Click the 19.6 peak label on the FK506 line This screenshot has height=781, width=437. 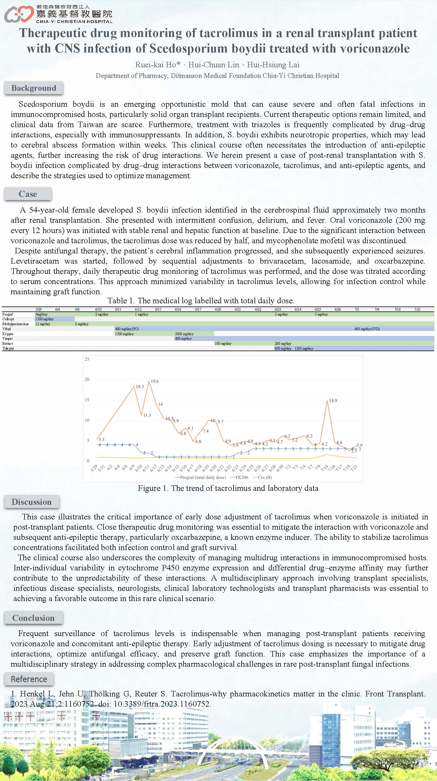point(155,381)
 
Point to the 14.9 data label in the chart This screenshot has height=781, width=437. point(333,400)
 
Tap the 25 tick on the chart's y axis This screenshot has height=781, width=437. point(87,359)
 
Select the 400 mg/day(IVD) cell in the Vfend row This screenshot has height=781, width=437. point(367,329)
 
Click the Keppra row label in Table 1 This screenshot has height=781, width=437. point(8,334)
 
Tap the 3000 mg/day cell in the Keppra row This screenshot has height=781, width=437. point(184,334)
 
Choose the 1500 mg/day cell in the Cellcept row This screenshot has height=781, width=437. point(44,319)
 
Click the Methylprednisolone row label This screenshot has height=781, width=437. point(15,324)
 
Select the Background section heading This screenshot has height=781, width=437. point(34,88)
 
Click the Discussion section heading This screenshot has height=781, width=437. point(32,502)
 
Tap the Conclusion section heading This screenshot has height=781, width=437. point(33,618)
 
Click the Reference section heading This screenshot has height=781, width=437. point(29,679)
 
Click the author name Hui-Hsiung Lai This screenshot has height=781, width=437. point(273,65)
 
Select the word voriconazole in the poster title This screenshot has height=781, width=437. point(375,48)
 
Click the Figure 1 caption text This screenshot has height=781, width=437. point(228,488)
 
